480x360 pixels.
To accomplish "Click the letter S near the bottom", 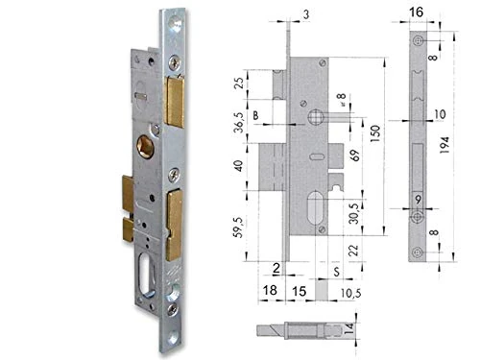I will tap(333, 272).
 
